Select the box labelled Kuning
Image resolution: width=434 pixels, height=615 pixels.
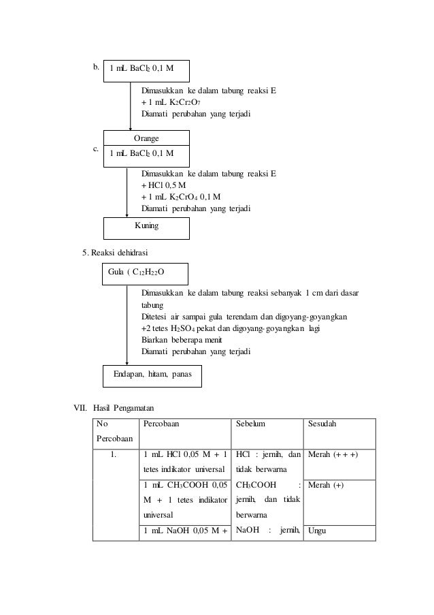[x=146, y=225]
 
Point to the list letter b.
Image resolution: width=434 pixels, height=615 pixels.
[x=96, y=67]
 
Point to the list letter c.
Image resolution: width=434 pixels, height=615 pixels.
[x=96, y=148]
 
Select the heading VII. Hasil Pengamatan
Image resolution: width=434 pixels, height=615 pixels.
[x=114, y=408]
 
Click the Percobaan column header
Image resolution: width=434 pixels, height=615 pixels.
[x=164, y=424]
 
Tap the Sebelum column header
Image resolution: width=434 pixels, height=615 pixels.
[x=250, y=424]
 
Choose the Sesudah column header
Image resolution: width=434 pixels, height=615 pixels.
[x=324, y=424]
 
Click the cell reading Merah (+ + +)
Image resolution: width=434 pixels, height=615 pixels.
[x=333, y=454]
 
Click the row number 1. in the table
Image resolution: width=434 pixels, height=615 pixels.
[x=114, y=454]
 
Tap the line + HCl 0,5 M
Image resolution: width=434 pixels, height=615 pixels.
[x=164, y=185]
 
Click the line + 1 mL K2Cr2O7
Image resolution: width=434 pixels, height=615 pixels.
[x=171, y=102]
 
